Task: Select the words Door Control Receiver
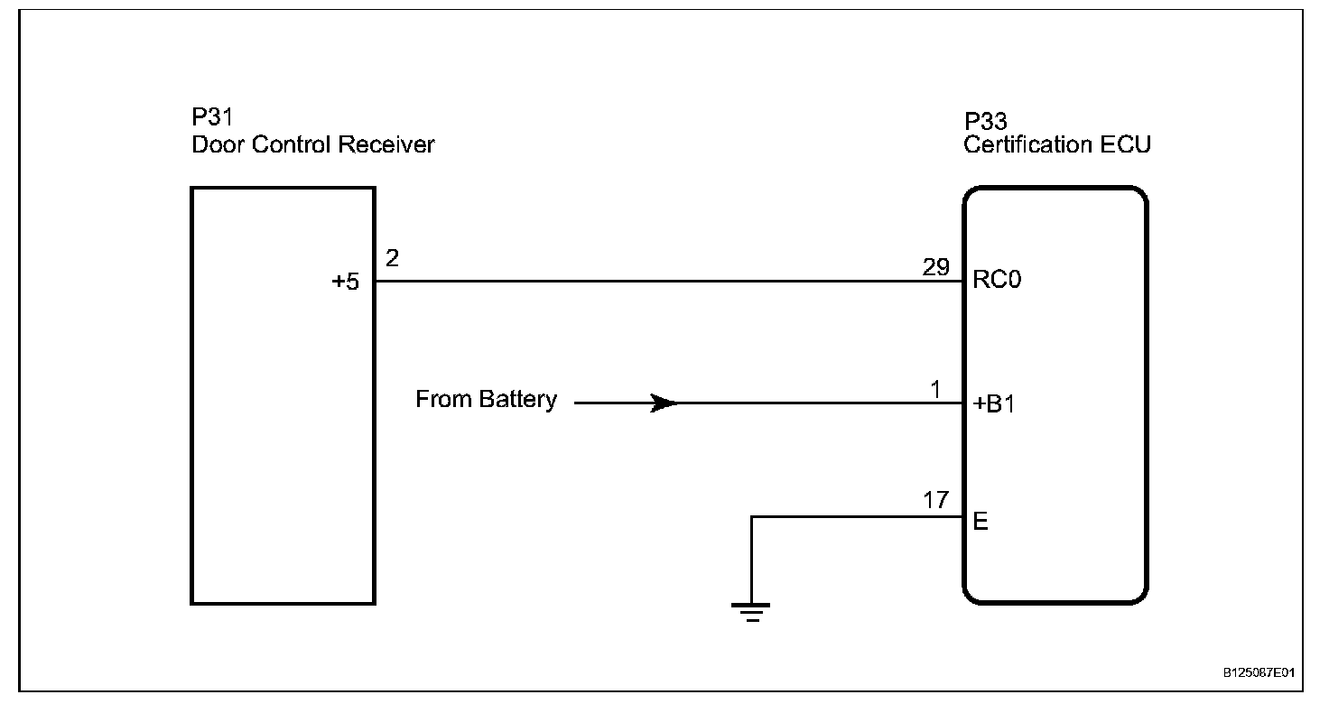312,144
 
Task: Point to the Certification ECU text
1057,144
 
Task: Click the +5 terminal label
345,282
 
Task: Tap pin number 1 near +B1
935,389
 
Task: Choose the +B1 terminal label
994,405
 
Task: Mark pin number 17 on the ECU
935,500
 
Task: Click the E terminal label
980,522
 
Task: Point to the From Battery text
486,400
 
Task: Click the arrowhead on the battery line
665,403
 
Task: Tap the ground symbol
751,611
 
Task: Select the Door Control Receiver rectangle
283,451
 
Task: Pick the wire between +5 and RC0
668,281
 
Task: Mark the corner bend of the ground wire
751,517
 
